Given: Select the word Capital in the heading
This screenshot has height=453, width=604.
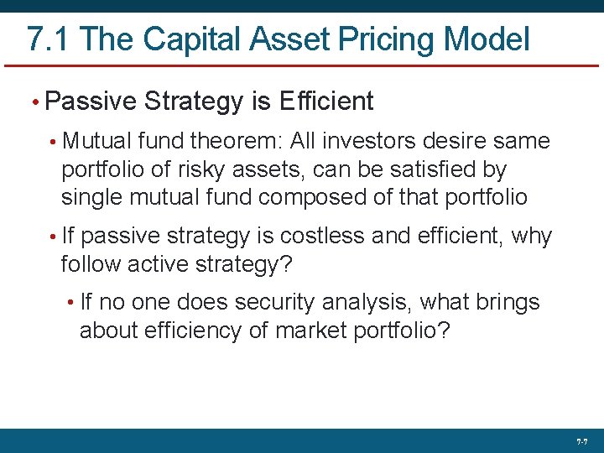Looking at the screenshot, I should coord(185,39).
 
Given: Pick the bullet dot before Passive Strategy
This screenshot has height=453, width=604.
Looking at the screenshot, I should coord(34,102).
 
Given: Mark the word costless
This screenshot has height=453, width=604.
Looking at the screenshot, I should coord(322,237).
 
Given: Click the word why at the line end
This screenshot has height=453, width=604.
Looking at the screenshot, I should coord(531,237).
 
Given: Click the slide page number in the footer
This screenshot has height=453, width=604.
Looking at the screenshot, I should coord(581,441).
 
